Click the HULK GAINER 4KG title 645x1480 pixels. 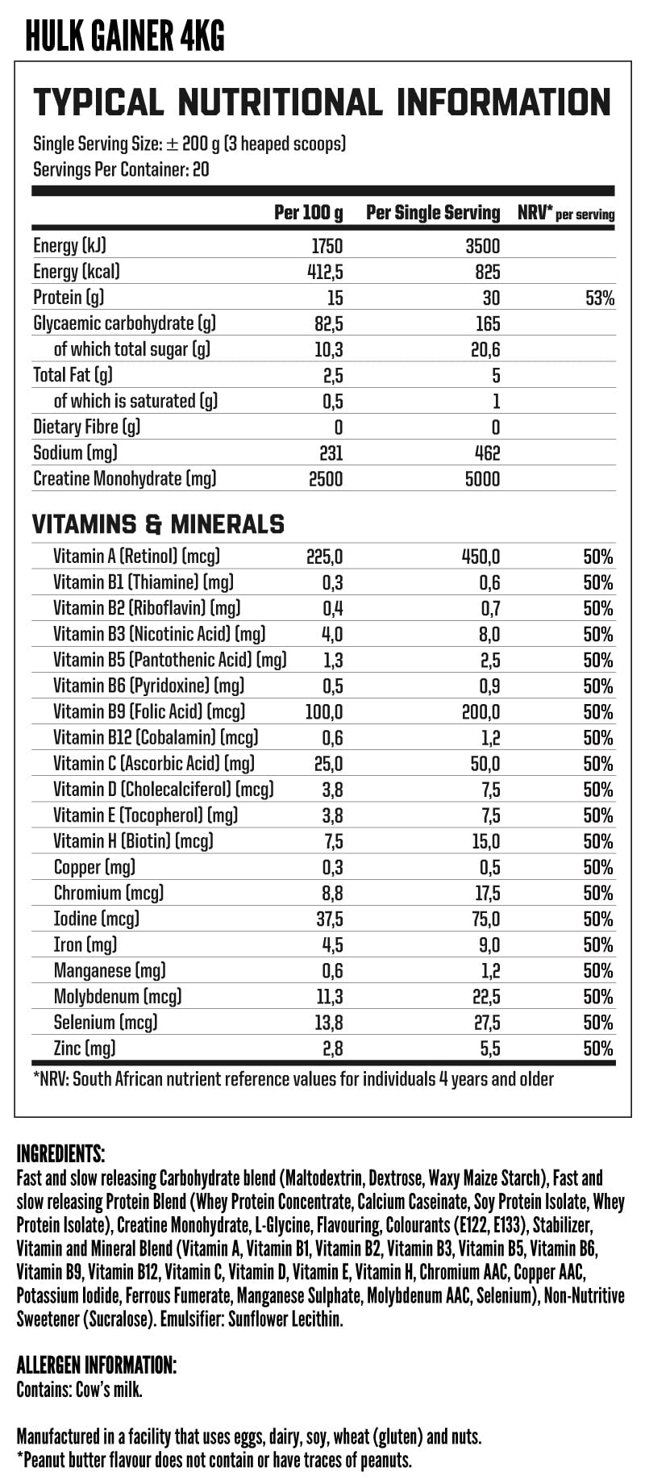(125, 35)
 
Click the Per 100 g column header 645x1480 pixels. (308, 213)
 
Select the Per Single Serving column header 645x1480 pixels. (433, 213)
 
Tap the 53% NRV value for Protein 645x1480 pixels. (600, 298)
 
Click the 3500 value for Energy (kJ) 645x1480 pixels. (482, 246)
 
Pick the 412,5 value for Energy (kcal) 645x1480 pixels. (325, 272)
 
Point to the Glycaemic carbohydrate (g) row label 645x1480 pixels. (125, 323)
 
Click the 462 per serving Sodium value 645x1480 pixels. (487, 453)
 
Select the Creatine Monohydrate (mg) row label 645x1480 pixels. (125, 479)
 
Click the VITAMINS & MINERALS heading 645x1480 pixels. (158, 525)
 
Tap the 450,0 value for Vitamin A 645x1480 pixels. (480, 557)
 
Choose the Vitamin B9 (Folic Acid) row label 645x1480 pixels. (149, 711)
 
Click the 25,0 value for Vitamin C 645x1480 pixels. (328, 763)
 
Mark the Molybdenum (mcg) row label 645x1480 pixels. (118, 996)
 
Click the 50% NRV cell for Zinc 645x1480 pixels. (598, 1049)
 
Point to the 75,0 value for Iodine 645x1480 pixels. (483, 919)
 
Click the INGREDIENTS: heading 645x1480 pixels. (60, 1153)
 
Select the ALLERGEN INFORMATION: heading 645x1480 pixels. (96, 1365)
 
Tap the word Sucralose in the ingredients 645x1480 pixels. (120, 1319)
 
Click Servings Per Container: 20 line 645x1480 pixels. (121, 170)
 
